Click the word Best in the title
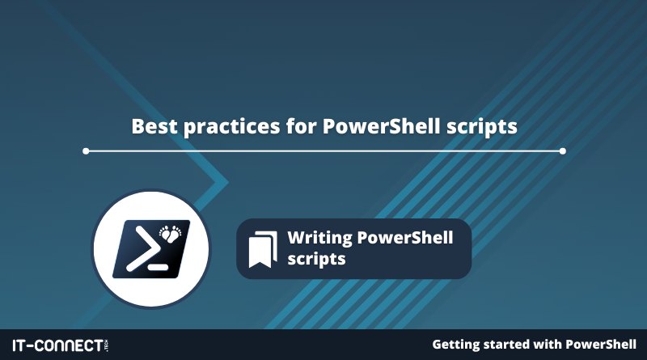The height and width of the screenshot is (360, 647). click(x=154, y=126)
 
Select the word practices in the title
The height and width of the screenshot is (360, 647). click(x=232, y=127)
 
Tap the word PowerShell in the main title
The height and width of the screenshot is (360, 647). click(x=381, y=126)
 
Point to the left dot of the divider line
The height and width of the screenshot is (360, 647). click(x=86, y=151)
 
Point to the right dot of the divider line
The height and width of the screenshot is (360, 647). click(x=562, y=151)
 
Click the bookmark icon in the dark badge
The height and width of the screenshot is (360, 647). click(x=263, y=249)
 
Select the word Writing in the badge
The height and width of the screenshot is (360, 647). click(x=319, y=238)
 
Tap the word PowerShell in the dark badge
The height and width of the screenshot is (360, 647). click(x=405, y=237)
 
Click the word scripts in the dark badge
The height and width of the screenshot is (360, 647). click(x=316, y=260)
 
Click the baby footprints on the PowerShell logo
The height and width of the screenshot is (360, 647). click(x=171, y=233)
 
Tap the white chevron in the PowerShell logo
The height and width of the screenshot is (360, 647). click(x=143, y=249)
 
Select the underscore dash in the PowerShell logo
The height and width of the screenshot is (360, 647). click(x=158, y=268)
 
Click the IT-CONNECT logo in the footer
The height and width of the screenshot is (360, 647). click(x=61, y=345)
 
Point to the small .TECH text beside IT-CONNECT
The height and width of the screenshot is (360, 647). click(x=107, y=345)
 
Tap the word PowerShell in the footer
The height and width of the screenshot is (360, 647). click(x=601, y=345)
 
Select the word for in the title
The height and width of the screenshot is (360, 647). click(x=301, y=126)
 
